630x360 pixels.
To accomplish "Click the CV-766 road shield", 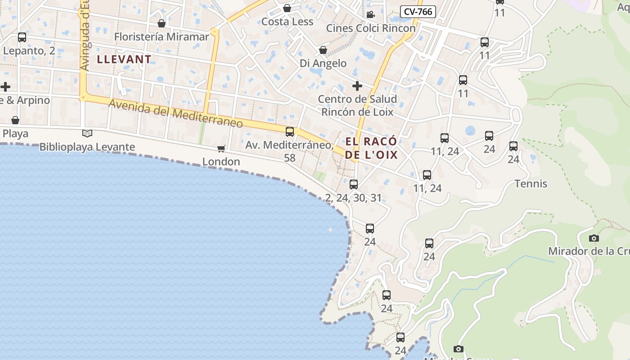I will click(x=418, y=12).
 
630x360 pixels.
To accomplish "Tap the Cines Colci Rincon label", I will click(x=370, y=28).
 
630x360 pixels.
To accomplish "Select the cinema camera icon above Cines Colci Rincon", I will click(x=370, y=14).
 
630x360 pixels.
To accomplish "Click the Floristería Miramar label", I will click(x=162, y=36).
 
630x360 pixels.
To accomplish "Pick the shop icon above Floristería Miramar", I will click(x=162, y=23).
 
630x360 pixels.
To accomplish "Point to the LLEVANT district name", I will click(x=124, y=59).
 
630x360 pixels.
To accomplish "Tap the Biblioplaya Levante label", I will click(x=87, y=147).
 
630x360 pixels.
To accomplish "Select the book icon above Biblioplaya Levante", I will click(x=87, y=133).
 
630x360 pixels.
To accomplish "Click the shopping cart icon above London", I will click(x=221, y=148).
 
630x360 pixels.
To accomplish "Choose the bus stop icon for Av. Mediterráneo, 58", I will click(x=290, y=132).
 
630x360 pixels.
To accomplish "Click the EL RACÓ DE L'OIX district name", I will click(x=372, y=148).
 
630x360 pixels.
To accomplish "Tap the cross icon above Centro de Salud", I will click(x=357, y=85).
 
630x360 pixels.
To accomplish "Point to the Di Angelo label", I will click(x=323, y=63).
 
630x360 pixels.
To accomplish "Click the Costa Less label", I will click(x=287, y=22).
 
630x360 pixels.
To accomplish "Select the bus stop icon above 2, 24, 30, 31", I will click(x=354, y=184).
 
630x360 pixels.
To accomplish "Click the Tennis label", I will click(x=531, y=184).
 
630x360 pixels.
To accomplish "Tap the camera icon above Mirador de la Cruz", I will click(x=594, y=238).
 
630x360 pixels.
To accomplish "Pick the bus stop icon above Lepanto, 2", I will click(x=22, y=37).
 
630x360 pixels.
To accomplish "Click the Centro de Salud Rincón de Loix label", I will click(x=357, y=105).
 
